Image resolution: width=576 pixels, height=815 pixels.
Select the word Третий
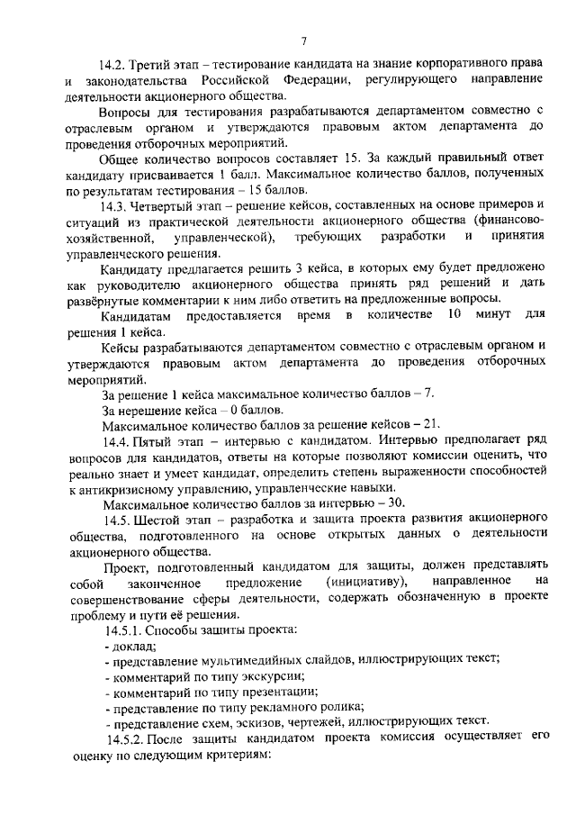[152, 67]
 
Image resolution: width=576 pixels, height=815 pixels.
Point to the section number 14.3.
[114, 205]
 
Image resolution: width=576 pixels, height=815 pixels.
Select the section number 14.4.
[114, 440]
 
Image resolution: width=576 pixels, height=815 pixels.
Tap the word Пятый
[152, 440]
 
